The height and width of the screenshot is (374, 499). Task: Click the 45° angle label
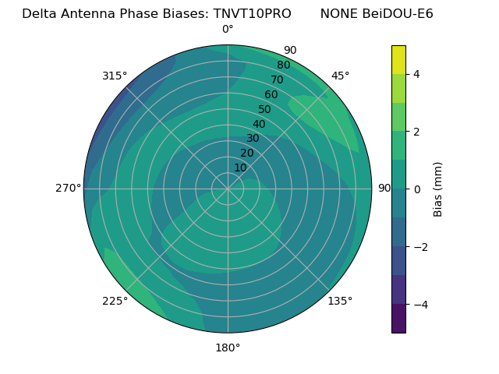(x=340, y=76)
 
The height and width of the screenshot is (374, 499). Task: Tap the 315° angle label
(x=115, y=76)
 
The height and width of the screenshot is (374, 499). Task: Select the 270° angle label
(x=68, y=188)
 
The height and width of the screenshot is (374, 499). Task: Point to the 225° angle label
(x=115, y=301)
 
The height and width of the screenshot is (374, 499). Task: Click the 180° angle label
(x=228, y=348)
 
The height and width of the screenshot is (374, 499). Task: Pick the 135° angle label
(x=340, y=301)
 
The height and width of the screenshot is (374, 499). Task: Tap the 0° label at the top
(x=228, y=30)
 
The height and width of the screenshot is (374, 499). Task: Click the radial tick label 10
(x=240, y=168)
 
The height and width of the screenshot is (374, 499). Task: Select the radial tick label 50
(x=265, y=110)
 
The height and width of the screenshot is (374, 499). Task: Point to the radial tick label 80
(x=284, y=65)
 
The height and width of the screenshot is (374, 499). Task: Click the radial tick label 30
(x=253, y=139)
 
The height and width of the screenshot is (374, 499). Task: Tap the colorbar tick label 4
(x=416, y=74)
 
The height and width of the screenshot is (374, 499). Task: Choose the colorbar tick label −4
(x=416, y=305)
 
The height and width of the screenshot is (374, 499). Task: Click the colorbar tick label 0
(x=416, y=189)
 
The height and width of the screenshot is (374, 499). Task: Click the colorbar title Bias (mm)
(x=438, y=189)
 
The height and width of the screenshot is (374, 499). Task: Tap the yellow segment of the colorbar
(x=398, y=60)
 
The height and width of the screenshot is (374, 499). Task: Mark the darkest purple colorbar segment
(x=398, y=319)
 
